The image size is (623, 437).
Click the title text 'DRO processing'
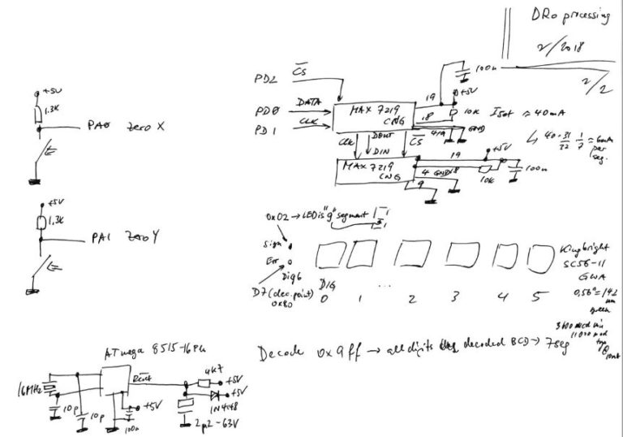[x=567, y=18]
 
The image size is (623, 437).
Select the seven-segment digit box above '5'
[x=537, y=259]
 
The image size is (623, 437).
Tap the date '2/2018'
[x=565, y=51]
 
